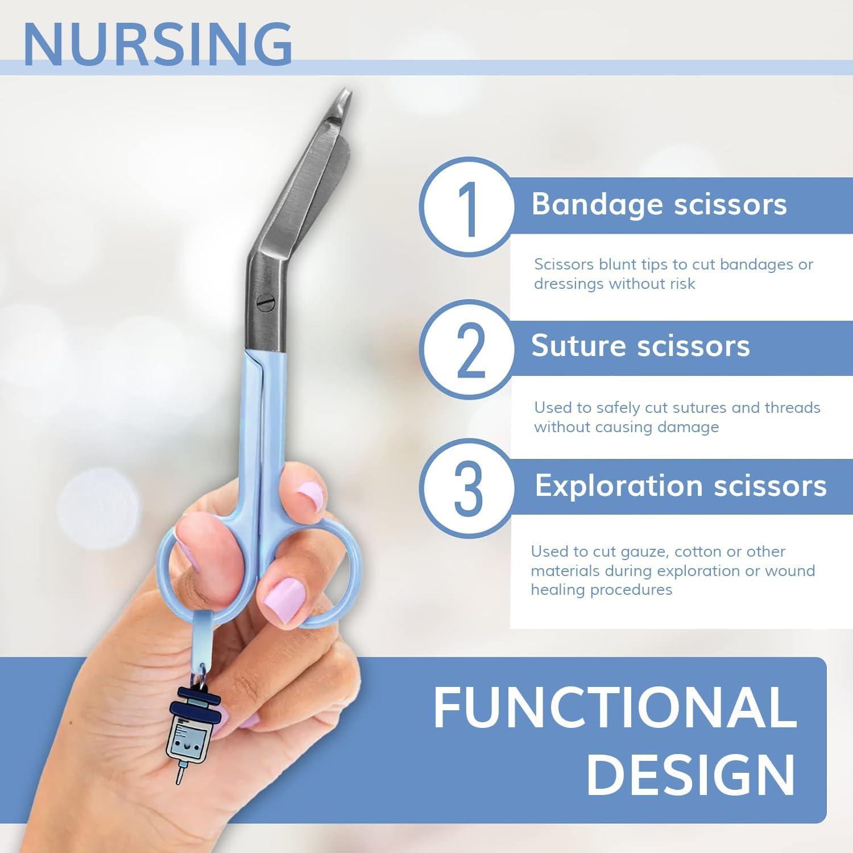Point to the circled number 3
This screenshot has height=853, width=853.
pyautogui.click(x=468, y=487)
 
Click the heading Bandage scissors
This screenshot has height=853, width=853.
pyautogui.click(x=659, y=204)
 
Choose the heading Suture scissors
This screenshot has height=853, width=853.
pyautogui.click(x=640, y=346)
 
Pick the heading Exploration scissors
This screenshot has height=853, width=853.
pyautogui.click(x=680, y=486)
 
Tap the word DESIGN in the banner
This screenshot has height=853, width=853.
pyautogui.click(x=690, y=775)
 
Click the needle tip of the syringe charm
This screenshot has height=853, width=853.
pyautogui.click(x=180, y=779)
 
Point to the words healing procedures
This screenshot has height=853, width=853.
pyautogui.click(x=601, y=590)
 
